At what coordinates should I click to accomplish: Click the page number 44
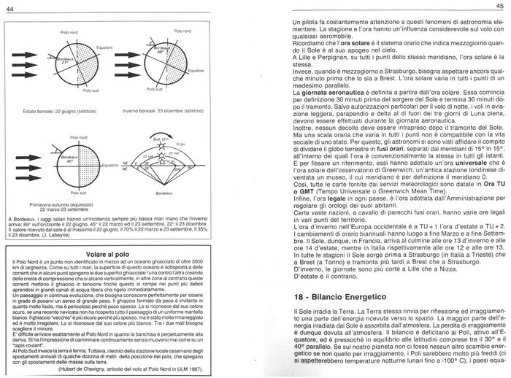9,7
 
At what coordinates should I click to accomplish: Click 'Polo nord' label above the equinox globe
79,138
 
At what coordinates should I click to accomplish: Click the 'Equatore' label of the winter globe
196,71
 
